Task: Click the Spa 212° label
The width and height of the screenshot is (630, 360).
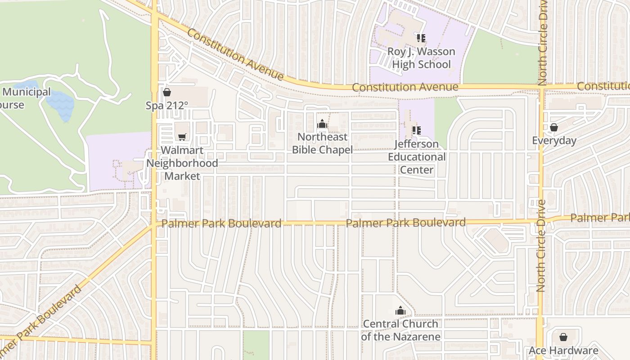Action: (166, 106)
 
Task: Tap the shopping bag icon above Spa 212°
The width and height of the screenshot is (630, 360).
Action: (167, 92)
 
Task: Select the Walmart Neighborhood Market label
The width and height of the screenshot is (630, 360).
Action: (182, 163)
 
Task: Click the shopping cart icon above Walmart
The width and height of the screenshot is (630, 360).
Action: (182, 137)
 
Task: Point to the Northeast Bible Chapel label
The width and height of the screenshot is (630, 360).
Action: (322, 143)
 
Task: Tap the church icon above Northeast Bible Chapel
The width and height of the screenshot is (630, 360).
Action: (322, 123)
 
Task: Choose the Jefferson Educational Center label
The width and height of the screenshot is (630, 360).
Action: (417, 157)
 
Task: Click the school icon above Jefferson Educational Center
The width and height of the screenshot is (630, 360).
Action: (417, 130)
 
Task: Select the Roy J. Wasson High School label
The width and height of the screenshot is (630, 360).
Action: (421, 58)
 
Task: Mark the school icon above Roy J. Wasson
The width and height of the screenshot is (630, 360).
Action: (421, 38)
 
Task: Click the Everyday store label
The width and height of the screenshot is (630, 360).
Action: (554, 141)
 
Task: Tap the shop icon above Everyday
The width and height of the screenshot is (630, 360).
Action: (554, 127)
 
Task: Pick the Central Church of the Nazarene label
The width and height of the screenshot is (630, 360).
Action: (400, 330)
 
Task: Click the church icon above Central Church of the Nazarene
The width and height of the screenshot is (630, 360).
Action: (400, 310)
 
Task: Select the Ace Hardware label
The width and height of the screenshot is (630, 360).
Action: (563, 351)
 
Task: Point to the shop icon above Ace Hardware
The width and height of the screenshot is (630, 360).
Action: (563, 337)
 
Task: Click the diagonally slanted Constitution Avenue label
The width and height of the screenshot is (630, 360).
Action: (235, 54)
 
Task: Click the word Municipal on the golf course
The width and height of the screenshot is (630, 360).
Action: (27, 92)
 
